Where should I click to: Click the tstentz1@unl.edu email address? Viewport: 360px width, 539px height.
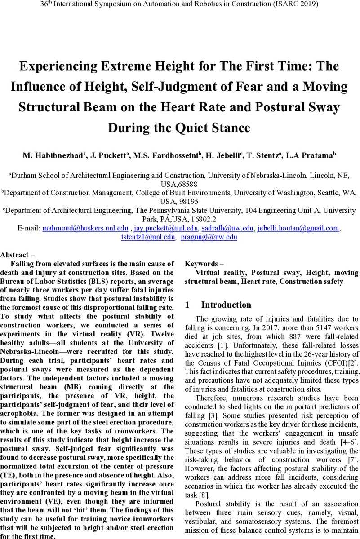coord(148,238)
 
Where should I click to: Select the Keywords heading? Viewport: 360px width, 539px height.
coord(201,264)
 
